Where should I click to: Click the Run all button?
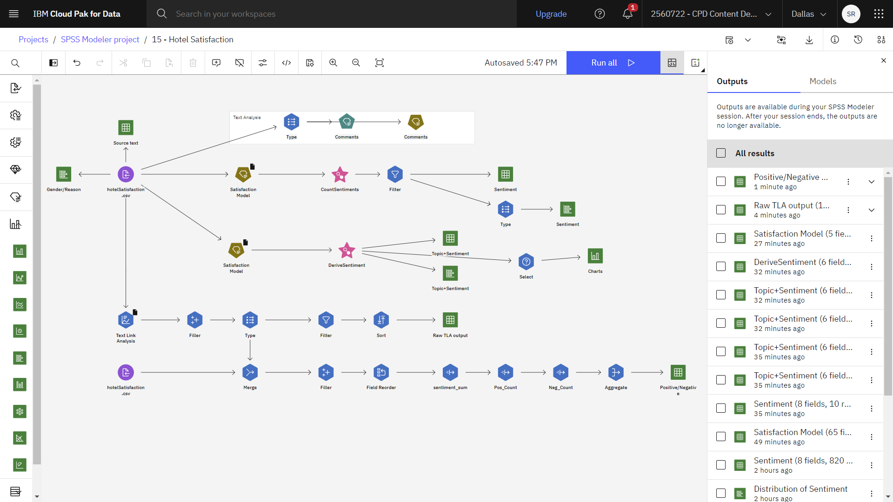point(613,63)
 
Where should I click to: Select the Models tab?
point(823,81)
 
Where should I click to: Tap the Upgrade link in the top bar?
point(551,14)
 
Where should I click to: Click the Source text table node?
point(126,127)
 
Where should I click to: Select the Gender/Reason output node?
point(64,174)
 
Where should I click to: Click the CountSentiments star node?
point(340,174)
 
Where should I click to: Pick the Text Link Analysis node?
point(126,320)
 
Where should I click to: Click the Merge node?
point(250,372)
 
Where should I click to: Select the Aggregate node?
point(616,372)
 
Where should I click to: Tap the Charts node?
point(595,256)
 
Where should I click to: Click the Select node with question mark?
point(526,262)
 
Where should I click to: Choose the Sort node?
point(381,320)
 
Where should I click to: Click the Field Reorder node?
point(381,372)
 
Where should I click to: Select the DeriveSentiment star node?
point(347,250)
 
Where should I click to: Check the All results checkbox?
point(721,153)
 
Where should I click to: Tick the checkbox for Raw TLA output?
point(721,210)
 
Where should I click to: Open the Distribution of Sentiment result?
point(800,489)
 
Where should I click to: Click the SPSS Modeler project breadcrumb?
point(100,40)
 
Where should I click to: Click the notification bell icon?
point(627,14)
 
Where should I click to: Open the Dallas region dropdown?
point(809,14)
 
